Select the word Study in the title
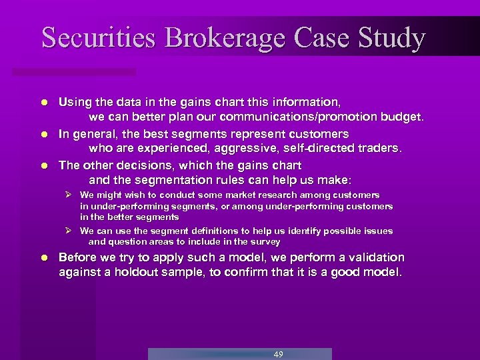390,38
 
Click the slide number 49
279,354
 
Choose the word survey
265,241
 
